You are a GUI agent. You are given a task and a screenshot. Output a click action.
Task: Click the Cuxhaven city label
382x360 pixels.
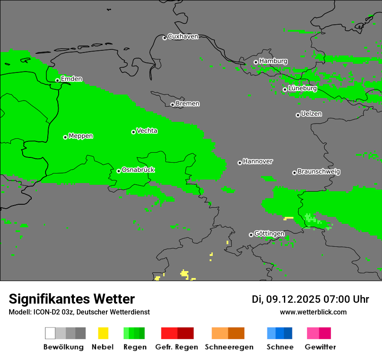click(x=183, y=36)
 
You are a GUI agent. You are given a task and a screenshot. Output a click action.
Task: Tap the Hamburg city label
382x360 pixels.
click(x=273, y=61)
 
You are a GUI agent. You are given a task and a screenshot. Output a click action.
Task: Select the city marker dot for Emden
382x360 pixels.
click(x=57, y=80)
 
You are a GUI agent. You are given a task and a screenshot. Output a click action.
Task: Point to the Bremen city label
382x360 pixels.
click(x=188, y=104)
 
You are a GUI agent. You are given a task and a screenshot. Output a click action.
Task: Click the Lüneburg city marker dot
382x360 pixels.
click(x=285, y=90)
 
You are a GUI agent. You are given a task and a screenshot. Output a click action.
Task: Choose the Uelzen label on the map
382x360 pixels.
click(x=311, y=114)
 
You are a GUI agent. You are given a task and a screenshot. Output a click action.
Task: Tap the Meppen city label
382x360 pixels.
click(x=81, y=136)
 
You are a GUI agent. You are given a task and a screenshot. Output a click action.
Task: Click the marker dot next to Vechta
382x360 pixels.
click(x=133, y=132)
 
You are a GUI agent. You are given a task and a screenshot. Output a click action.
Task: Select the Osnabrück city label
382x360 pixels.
click(x=138, y=170)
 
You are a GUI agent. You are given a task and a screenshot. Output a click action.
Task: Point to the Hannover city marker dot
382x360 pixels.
click(x=240, y=163)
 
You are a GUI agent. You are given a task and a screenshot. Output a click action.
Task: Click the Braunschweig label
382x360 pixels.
click(x=319, y=171)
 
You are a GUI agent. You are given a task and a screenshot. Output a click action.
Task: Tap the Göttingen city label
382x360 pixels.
click(x=269, y=234)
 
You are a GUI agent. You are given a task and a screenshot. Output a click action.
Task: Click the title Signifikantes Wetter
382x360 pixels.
click(x=72, y=299)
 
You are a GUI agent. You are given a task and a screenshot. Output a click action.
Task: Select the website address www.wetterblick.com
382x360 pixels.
click(x=313, y=312)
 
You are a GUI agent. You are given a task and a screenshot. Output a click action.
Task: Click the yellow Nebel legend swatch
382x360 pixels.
click(x=103, y=333)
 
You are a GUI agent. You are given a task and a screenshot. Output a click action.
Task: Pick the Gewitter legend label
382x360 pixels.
click(x=320, y=347)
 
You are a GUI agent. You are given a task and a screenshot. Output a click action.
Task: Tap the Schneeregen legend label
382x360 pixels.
click(x=229, y=347)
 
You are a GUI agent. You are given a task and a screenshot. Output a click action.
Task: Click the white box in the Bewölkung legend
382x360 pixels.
click(x=50, y=333)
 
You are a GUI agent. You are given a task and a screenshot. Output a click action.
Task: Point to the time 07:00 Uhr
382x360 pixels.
click(x=346, y=299)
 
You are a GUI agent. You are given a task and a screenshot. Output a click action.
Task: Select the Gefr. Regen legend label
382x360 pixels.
click(x=177, y=347)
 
